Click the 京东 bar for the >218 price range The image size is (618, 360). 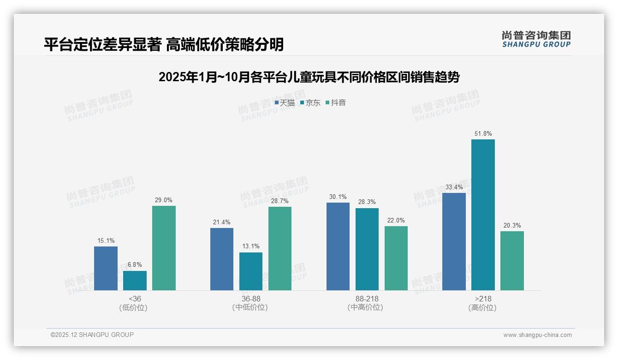(483, 215)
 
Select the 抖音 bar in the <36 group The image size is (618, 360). (164, 248)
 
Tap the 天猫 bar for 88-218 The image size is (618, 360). (338, 246)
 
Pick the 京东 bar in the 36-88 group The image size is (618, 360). (251, 271)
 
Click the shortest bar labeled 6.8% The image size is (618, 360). (135, 281)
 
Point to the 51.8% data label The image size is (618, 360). (483, 134)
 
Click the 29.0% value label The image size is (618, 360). (164, 200)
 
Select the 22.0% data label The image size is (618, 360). (396, 221)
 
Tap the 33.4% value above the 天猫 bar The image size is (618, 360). (454, 187)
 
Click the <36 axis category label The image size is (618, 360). (135, 299)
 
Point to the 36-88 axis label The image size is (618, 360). (251, 299)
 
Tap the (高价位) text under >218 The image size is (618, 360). (483, 308)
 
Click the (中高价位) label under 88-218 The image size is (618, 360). (367, 308)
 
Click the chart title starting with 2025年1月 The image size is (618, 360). (309, 77)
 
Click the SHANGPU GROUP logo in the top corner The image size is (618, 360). (536, 39)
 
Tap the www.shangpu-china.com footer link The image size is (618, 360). (537, 335)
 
